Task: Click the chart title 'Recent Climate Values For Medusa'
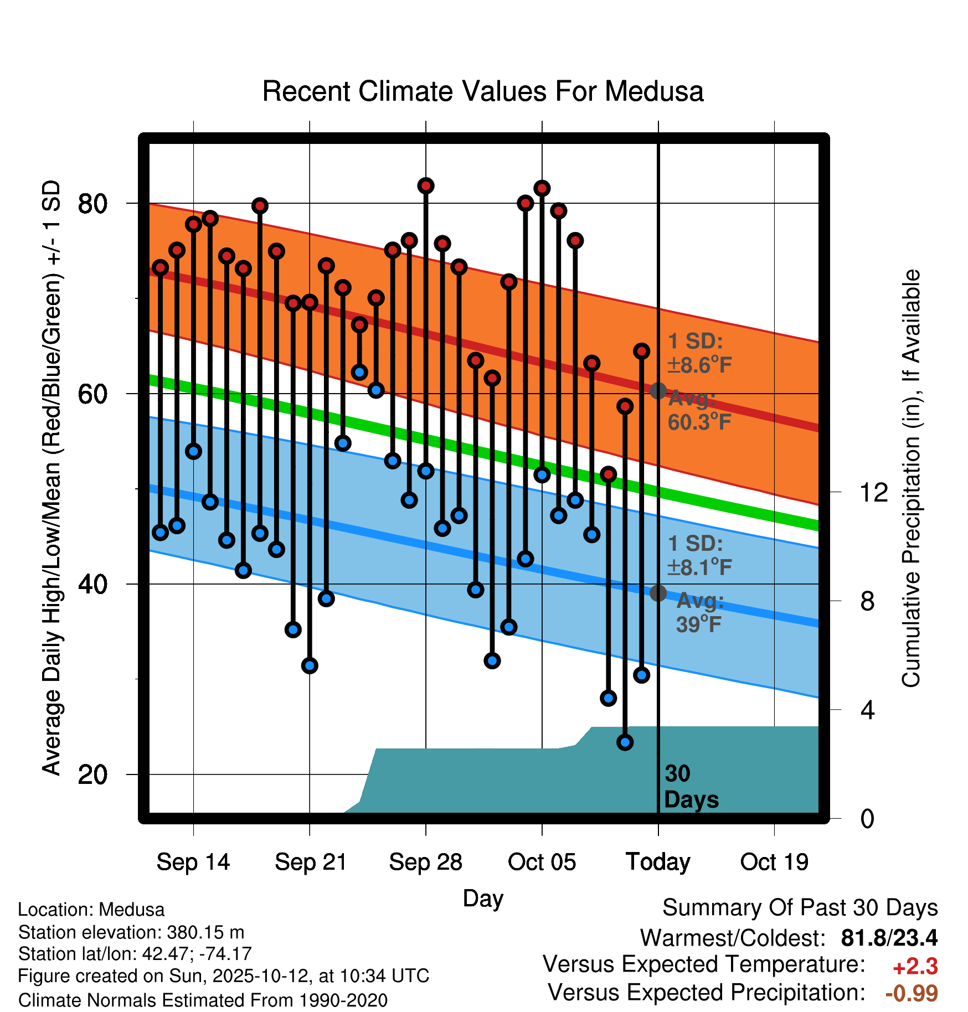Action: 483,91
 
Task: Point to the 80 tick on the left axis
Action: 92,204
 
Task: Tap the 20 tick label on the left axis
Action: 92,775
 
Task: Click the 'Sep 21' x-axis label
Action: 310,862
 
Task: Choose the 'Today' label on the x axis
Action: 658,862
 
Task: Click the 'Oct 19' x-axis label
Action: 774,862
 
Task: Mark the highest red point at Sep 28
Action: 426,186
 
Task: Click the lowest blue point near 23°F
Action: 625,742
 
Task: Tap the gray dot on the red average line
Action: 658,391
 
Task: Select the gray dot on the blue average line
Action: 658,593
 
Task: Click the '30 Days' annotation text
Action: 691,787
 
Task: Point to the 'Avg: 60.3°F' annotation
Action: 699,410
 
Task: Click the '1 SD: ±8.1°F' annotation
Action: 699,555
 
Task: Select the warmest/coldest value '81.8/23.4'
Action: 889,938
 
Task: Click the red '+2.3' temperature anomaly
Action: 915,967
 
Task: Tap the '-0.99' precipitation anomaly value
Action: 912,993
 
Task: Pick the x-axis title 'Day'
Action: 483,898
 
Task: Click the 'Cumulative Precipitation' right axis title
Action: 911,478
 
